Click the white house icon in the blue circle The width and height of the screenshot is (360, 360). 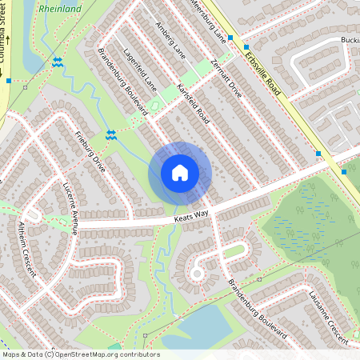pyautogui.click(x=180, y=173)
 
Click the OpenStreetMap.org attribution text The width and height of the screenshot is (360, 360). pyautogui.click(x=106, y=354)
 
